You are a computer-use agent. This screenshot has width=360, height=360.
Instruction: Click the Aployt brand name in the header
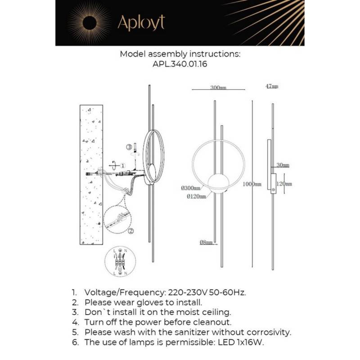[x=141, y=22]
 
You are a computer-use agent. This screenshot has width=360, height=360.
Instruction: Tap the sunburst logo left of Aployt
[x=90, y=22]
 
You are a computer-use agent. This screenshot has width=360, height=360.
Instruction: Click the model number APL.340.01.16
[x=180, y=64]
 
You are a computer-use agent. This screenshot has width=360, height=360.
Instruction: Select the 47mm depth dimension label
[x=272, y=86]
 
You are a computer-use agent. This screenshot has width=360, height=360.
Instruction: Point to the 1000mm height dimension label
[x=252, y=184]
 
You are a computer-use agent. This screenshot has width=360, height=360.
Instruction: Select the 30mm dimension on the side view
[x=283, y=166]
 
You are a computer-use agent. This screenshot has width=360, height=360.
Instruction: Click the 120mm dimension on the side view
[x=284, y=184]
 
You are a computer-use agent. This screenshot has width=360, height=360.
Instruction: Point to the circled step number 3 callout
[x=129, y=147]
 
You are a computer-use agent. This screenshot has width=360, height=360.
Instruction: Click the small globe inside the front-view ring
[x=219, y=183]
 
